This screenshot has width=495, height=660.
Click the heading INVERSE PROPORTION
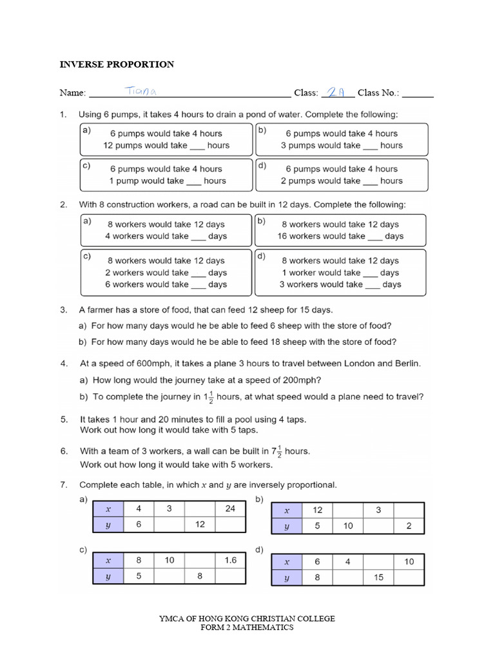tap(117, 64)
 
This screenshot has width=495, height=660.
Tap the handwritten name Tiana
tap(138, 92)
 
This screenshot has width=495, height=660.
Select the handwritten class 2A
tap(337, 92)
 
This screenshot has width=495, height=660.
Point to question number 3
tap(64, 310)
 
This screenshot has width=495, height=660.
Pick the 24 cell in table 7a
tap(231, 509)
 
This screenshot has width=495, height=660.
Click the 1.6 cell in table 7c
tap(231, 561)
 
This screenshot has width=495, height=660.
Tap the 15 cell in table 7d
tap(378, 577)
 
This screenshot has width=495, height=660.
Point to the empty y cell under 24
tap(231, 525)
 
